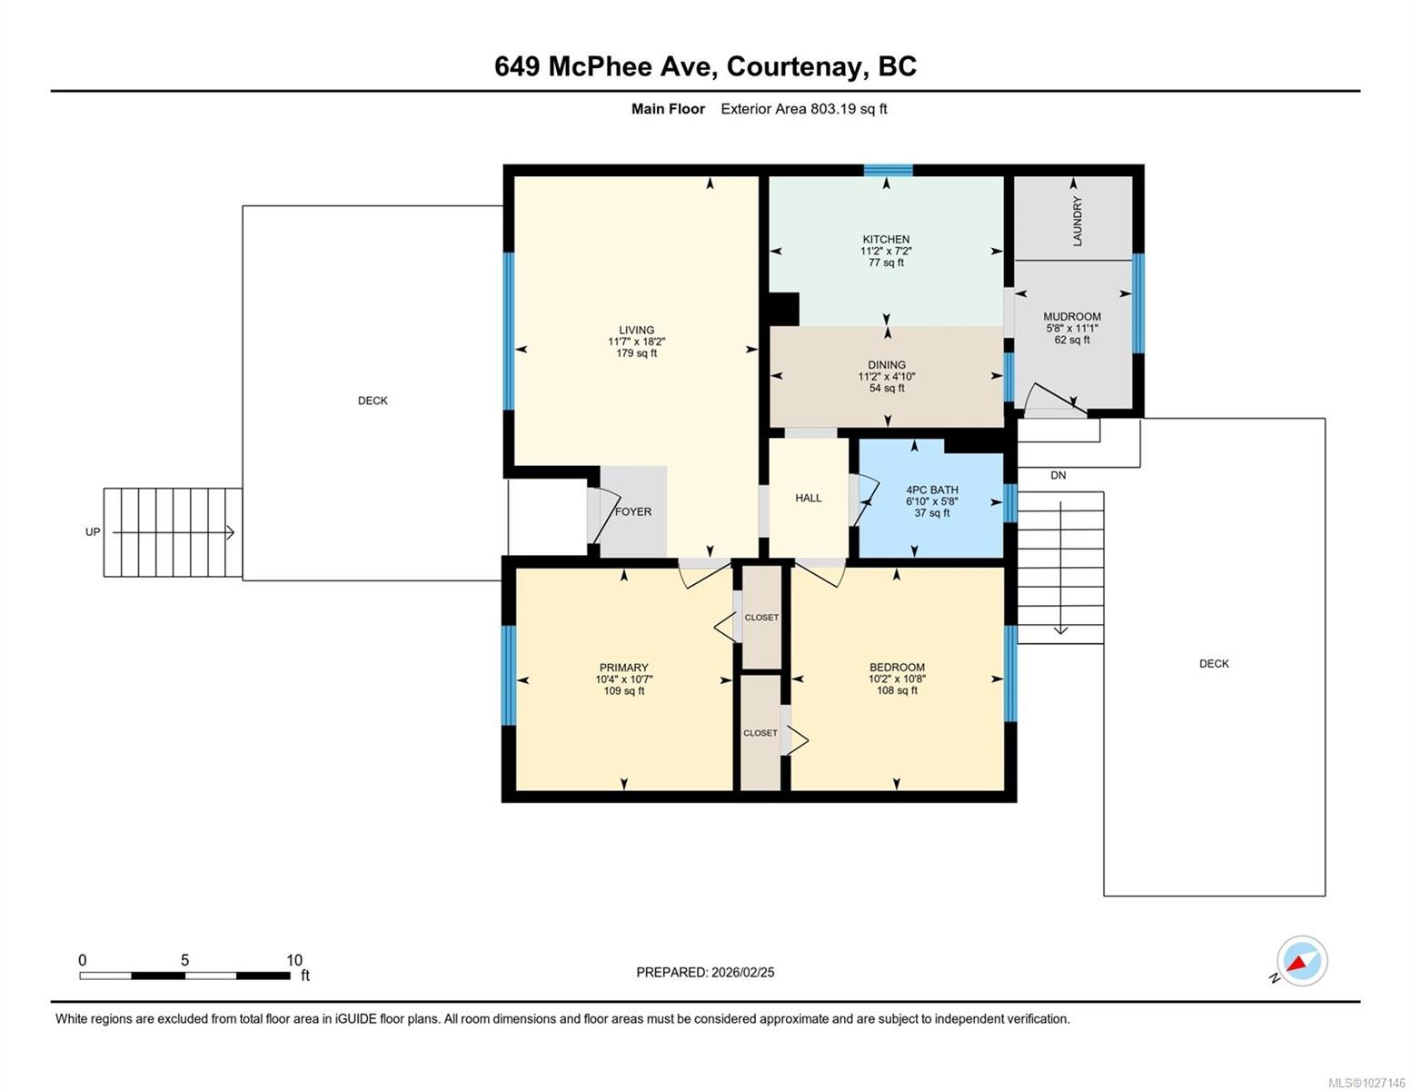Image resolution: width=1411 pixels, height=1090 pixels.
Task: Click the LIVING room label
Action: coord(636,330)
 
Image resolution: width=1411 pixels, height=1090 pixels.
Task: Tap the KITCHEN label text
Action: coord(886,240)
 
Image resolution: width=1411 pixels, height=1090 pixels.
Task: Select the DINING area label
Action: coord(887,365)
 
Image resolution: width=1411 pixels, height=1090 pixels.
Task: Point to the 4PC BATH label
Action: coord(932,490)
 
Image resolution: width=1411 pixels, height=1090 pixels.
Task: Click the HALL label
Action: coord(809,498)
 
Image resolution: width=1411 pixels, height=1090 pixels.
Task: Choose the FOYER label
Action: coord(633,511)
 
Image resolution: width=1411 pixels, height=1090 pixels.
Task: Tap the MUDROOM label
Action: coord(1072,317)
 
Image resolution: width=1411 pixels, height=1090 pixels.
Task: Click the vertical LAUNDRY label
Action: coord(1078,221)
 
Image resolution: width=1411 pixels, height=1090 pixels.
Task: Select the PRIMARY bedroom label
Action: coord(623,668)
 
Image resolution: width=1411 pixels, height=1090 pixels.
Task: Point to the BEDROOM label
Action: coord(897,668)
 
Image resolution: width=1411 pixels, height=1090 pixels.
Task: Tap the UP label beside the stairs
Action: coord(93,531)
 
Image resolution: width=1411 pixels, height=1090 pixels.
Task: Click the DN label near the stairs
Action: coord(1058,475)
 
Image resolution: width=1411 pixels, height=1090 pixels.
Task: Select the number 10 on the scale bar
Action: coord(294,960)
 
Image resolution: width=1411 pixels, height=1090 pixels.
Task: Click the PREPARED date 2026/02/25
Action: coord(743,973)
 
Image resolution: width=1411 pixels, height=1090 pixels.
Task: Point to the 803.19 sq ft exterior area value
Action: coord(848,109)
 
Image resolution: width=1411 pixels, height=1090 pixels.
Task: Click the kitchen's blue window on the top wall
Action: coord(888,170)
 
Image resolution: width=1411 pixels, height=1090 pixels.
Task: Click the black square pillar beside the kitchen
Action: coord(784,309)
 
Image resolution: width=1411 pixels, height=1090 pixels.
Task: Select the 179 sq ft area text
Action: coord(636,353)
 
